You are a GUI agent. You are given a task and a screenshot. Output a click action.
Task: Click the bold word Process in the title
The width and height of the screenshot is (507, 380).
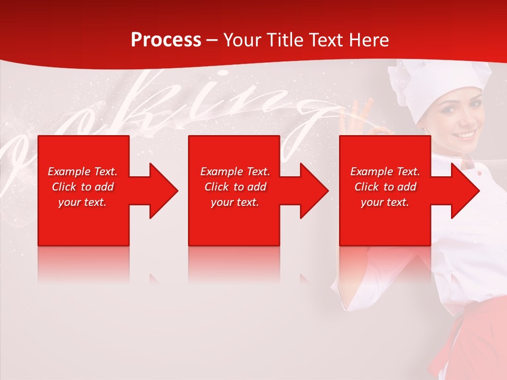(166, 40)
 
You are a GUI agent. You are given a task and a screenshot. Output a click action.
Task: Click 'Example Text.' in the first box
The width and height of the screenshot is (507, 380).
(83, 172)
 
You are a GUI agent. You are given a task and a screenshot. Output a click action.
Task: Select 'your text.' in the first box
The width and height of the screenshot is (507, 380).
(83, 202)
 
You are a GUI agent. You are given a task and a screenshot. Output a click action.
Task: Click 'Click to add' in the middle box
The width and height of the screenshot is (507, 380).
(235, 187)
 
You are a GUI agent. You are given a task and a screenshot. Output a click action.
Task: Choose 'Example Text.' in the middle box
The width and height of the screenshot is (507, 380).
(235, 172)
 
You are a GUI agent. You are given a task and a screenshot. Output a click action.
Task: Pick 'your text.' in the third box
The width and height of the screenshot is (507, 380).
(385, 202)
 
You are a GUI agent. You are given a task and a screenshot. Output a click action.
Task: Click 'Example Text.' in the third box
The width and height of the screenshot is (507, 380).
(385, 172)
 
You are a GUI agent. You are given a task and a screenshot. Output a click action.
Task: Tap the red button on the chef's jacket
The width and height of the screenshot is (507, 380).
(478, 173)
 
